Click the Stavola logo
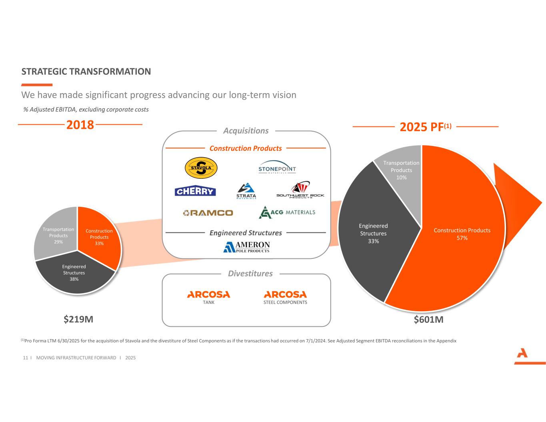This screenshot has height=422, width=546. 201,168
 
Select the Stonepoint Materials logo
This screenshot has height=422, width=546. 277,168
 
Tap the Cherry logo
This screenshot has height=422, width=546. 195,191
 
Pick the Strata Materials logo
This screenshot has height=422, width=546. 246,191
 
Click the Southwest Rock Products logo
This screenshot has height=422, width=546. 300,190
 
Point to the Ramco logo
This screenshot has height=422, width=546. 208,213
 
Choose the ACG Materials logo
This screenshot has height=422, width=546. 287,212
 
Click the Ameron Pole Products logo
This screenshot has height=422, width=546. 246,247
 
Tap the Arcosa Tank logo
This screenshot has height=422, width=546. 208,297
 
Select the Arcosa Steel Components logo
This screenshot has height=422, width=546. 285,297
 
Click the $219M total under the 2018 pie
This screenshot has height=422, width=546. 79,319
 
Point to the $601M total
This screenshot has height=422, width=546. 428,320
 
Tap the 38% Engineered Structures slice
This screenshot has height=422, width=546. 74,276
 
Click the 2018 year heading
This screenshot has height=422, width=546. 80,125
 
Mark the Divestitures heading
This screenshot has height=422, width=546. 250,274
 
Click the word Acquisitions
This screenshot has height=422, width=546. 246,131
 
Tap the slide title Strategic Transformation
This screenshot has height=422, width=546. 86,72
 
